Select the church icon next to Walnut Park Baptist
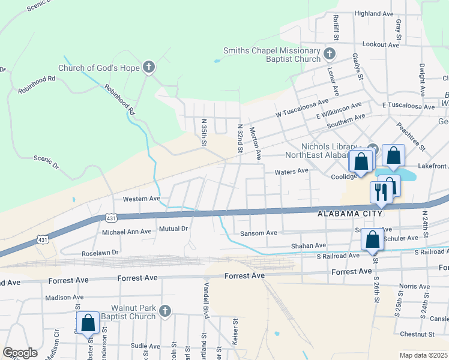[166, 311]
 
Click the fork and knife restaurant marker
[381, 191]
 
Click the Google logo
[20, 353]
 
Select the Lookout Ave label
[381, 45]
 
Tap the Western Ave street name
[141, 199]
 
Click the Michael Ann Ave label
[127, 232]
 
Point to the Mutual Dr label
[174, 229]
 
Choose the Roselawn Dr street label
[100, 253]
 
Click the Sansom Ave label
[258, 233]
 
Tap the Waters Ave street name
[291, 171]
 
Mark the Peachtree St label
[411, 137]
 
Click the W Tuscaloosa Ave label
[303, 108]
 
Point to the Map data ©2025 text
[423, 355]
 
